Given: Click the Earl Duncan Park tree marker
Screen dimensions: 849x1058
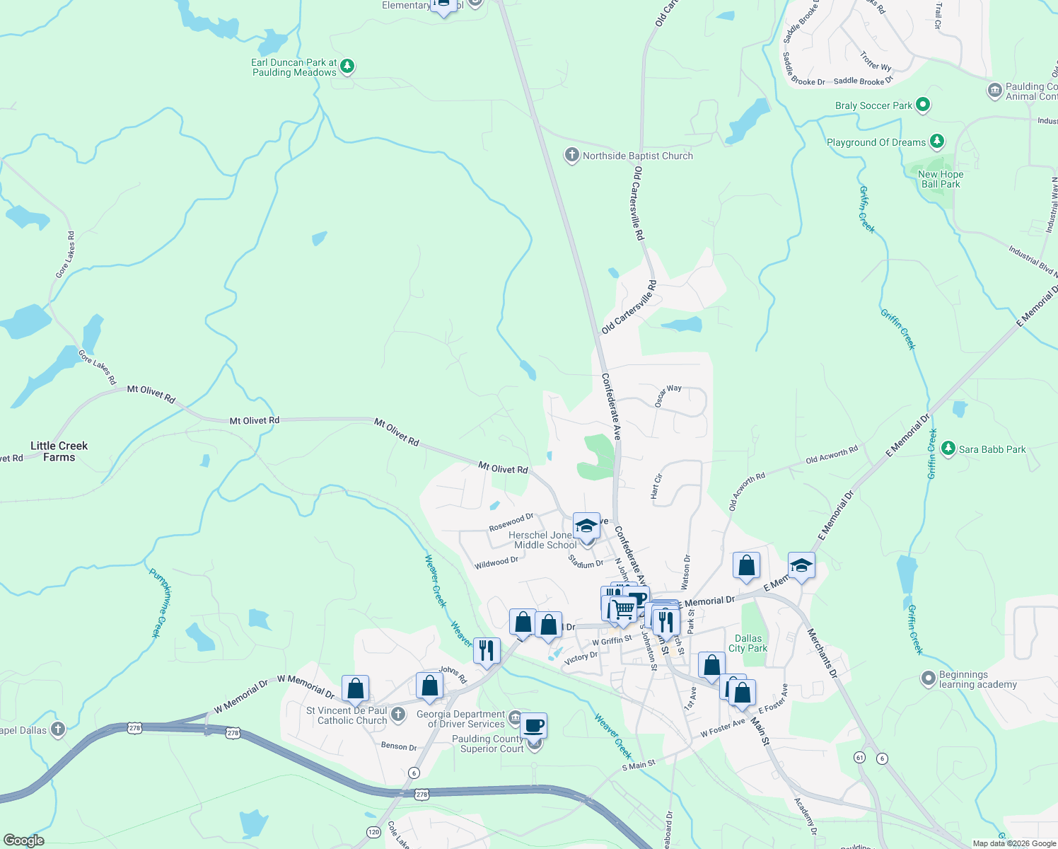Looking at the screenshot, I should coord(347,67).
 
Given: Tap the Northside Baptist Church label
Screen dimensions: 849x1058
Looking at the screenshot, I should coord(637,156).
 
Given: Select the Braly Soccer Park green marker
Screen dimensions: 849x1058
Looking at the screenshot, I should coord(922,105).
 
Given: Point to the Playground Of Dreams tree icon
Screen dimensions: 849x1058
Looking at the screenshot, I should coord(937,141).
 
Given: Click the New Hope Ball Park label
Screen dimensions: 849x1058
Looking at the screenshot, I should coord(941,179).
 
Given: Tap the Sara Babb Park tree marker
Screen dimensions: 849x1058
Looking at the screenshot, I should coord(948,449).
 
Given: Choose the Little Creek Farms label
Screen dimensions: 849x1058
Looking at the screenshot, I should coord(59,451).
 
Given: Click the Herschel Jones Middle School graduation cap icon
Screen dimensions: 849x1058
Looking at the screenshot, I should coord(586,525).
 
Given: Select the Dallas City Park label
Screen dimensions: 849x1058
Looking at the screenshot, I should coord(748,643).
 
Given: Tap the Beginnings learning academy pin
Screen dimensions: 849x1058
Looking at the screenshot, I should coord(929,679).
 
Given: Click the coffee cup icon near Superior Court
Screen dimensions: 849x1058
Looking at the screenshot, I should coord(534,725).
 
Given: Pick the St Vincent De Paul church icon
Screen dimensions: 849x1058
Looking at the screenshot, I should coord(398,715).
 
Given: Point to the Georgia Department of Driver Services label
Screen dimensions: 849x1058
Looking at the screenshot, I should coord(461,719).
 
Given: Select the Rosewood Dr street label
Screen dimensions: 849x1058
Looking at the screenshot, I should coord(511,523).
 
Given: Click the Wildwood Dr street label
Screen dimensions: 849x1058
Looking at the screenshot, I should coord(496,562).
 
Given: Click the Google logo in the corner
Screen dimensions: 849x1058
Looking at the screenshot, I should coord(24,840).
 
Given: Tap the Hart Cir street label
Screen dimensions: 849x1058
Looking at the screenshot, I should coord(656,487).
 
